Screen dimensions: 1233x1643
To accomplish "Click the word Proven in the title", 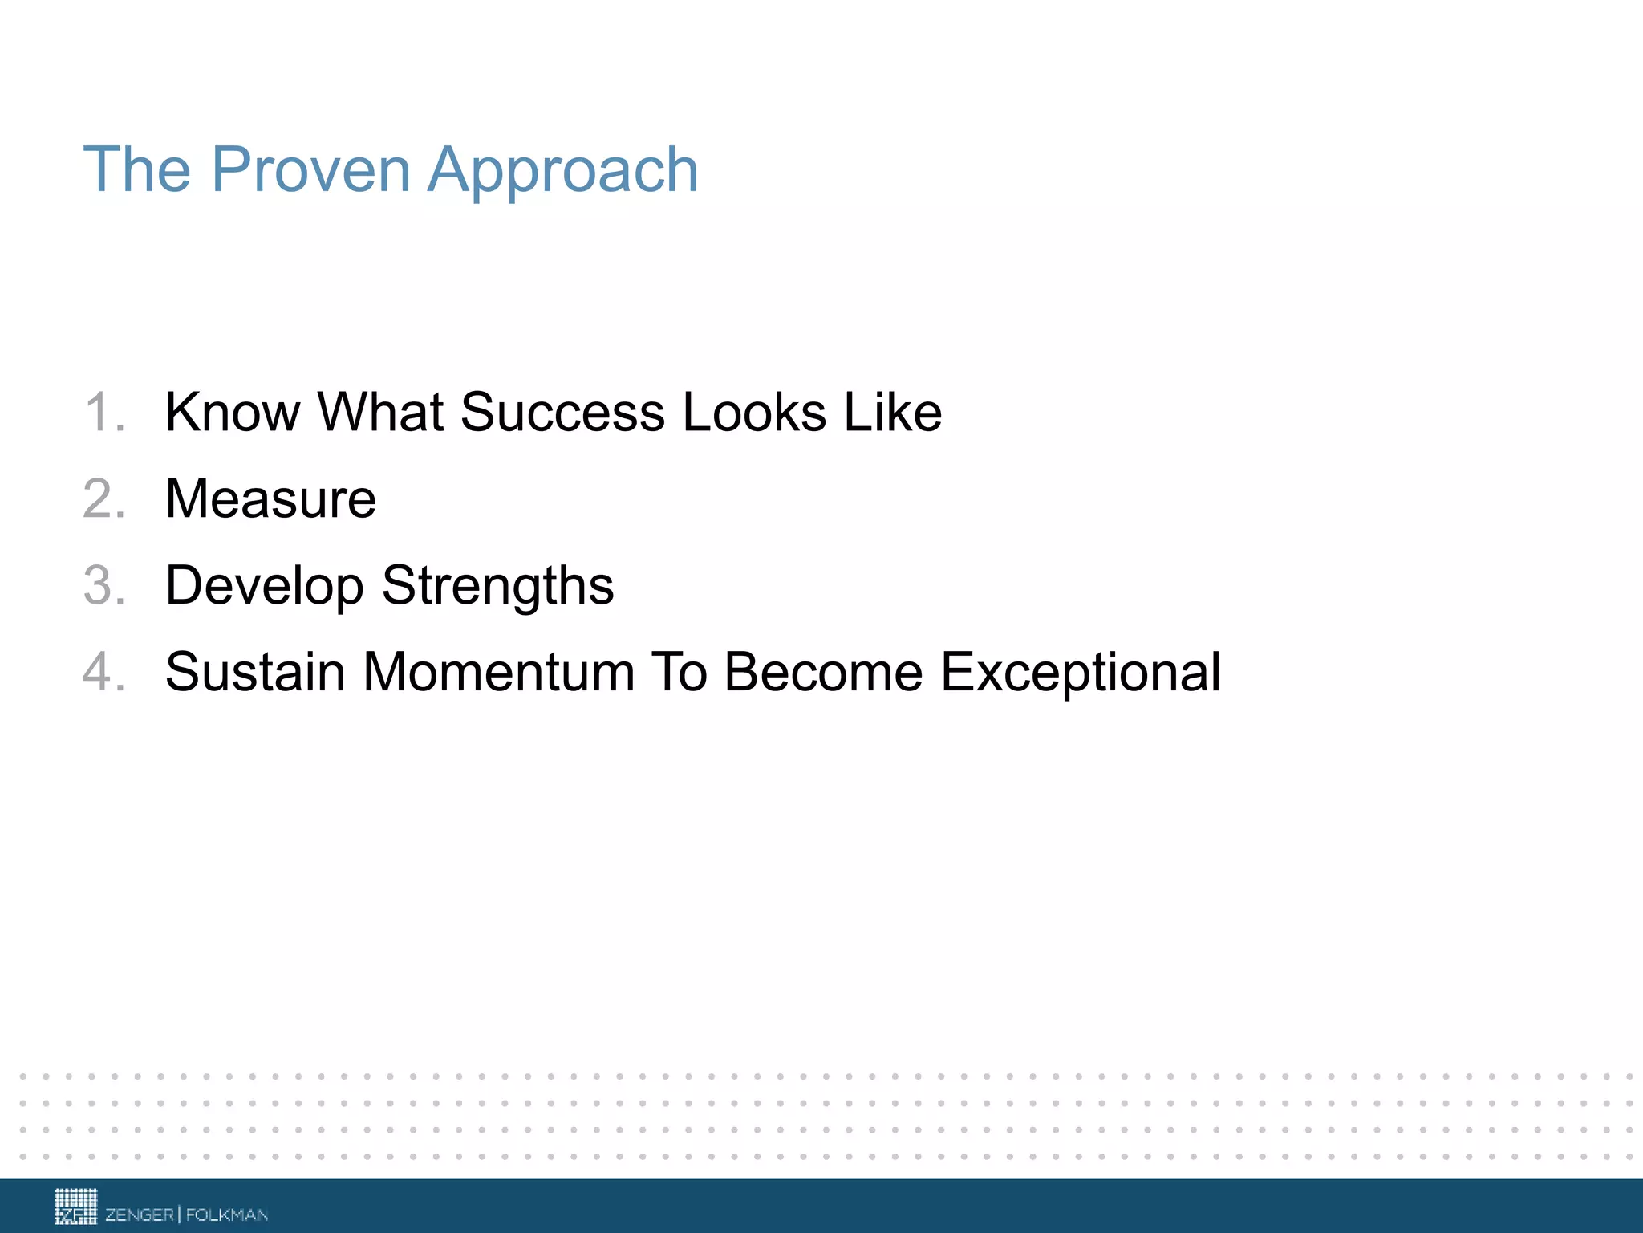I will (310, 169).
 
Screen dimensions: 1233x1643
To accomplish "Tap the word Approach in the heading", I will (562, 171).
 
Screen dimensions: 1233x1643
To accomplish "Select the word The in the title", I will (137, 169).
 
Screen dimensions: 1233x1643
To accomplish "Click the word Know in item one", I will (232, 412).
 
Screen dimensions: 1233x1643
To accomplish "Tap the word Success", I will (562, 412).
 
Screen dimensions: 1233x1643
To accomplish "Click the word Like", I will (892, 412).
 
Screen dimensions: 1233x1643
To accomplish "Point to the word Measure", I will (270, 498).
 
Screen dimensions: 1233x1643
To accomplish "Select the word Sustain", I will (255, 672).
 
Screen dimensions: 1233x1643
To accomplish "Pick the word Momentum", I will (498, 672).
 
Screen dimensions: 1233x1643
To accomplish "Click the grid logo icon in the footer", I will (75, 1207).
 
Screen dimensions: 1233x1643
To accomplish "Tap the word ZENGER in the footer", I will (140, 1215).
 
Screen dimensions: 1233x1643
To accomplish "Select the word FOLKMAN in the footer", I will (227, 1215).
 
